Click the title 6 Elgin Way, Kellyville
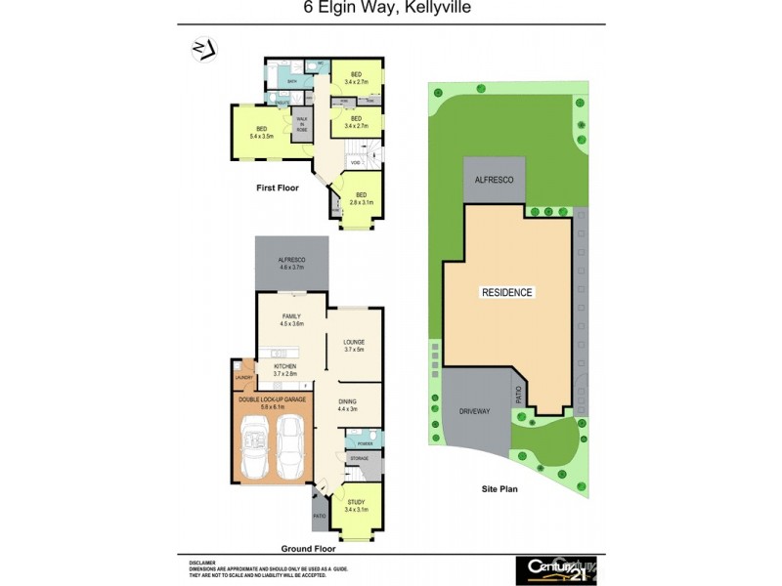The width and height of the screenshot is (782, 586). (390, 11)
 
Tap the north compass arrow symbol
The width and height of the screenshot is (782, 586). (203, 50)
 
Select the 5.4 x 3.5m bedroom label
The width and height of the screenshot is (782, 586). (261, 133)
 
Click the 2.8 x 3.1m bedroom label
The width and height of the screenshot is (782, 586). (361, 197)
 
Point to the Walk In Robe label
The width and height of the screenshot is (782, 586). (302, 124)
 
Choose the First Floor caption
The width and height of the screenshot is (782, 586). (279, 188)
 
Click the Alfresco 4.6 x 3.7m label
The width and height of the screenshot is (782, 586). (291, 263)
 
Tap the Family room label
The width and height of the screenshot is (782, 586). (290, 319)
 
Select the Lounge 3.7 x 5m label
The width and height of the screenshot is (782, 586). (354, 345)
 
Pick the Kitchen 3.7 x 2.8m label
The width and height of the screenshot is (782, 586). (284, 369)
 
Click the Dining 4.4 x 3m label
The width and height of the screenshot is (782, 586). (348, 404)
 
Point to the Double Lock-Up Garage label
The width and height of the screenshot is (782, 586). (271, 401)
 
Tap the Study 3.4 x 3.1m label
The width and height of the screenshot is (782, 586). (356, 505)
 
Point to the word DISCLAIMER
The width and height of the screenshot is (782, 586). (203, 563)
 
